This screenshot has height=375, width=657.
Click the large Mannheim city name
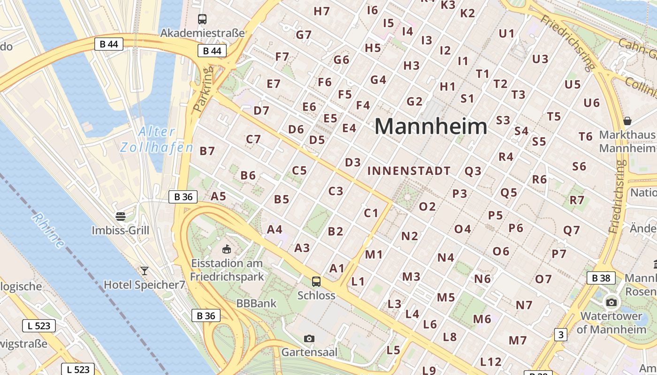(431, 127)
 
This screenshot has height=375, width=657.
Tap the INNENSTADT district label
(409, 171)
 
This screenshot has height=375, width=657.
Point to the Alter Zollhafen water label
(157, 140)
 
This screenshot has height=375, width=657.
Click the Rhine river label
(48, 230)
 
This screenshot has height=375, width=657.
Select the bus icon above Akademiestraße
(202, 19)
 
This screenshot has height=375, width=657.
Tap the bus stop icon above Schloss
(316, 282)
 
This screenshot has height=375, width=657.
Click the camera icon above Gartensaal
(309, 338)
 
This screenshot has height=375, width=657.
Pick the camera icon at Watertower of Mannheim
(611, 302)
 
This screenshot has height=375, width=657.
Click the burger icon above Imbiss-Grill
(121, 216)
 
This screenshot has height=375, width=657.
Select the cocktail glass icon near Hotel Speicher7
(144, 270)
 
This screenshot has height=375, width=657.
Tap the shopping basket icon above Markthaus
(627, 121)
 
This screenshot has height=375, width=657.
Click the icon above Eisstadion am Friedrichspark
(227, 248)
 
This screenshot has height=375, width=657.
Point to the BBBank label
(256, 303)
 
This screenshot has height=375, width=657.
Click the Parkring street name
(203, 88)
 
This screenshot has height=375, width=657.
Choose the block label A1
(337, 269)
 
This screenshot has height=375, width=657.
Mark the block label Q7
(572, 230)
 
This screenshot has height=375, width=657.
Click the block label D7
(261, 111)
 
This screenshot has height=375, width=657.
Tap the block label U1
(506, 33)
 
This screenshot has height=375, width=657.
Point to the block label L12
(491, 362)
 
